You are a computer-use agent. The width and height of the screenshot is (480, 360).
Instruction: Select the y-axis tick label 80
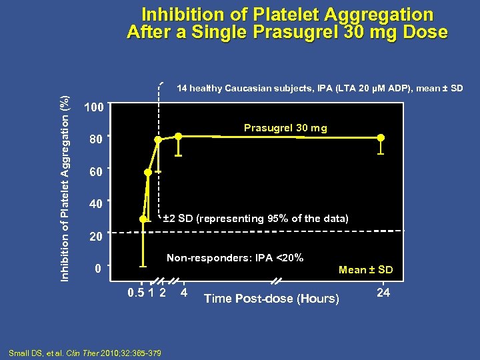96,141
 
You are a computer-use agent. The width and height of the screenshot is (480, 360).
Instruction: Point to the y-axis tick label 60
96,173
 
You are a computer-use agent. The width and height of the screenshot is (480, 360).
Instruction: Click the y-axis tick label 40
96,204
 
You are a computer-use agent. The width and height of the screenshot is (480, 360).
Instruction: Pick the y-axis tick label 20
96,237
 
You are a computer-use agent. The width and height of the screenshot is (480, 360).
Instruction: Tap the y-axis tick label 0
97,269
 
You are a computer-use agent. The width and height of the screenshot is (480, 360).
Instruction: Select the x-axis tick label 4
185,293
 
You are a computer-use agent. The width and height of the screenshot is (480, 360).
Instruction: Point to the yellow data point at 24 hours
381,138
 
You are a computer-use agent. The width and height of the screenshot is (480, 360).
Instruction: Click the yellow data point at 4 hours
179,137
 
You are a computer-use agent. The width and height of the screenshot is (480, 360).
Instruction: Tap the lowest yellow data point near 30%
143,219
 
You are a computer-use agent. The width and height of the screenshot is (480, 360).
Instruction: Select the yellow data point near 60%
147,172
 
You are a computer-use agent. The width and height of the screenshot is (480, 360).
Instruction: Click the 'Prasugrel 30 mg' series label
285,128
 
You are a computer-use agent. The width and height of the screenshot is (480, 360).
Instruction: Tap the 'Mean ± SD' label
365,270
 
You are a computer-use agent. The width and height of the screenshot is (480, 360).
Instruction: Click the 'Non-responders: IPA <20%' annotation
235,257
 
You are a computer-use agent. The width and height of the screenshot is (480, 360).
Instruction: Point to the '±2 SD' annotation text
177,219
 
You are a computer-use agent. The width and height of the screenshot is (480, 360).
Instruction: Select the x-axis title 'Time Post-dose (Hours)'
271,299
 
